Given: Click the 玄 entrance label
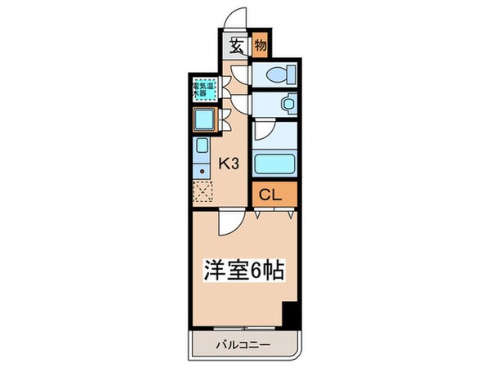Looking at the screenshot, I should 235,47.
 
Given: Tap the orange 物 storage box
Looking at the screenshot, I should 261,47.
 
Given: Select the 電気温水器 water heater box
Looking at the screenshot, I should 204,88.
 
